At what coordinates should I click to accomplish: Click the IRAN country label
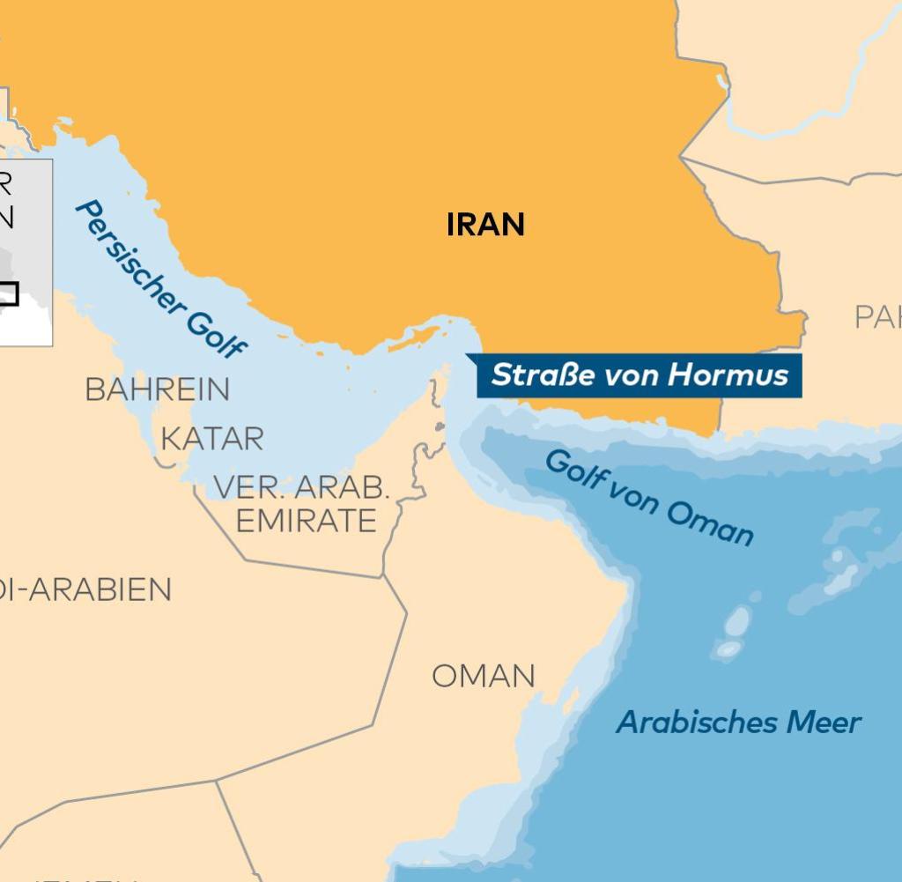485,225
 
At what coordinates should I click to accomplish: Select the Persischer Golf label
159,278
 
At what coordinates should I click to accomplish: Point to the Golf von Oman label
648,497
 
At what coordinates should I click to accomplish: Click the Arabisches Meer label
738,723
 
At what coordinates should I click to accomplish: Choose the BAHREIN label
158,389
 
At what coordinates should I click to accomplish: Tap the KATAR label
211,439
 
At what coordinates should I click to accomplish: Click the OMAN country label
483,677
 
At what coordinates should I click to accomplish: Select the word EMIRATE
306,521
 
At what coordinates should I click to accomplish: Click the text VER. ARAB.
301,487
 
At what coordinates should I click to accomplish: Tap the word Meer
823,723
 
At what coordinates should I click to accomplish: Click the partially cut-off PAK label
877,317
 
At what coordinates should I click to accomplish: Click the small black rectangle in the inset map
8,293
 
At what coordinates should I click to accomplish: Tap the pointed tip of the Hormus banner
467,357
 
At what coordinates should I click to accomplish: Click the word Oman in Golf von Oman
710,523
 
